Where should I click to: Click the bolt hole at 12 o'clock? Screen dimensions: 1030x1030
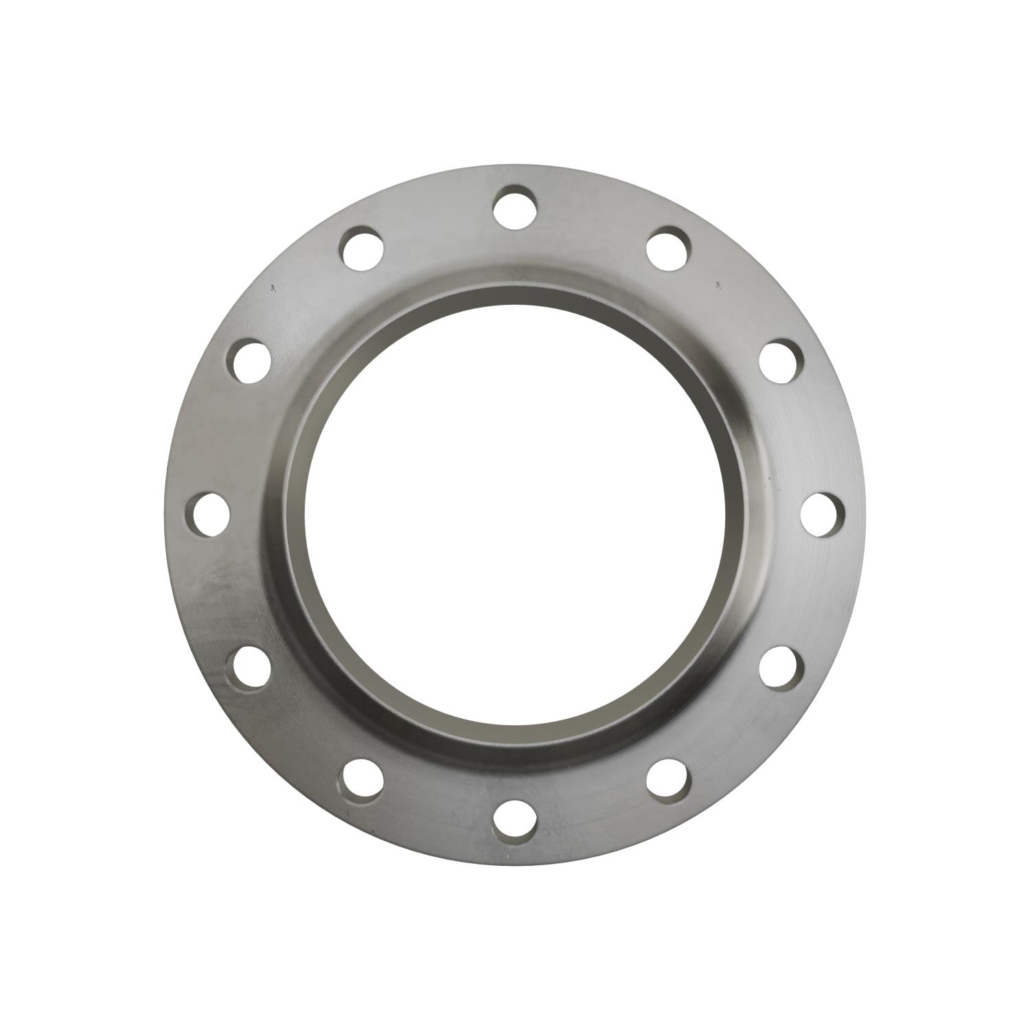pyautogui.click(x=514, y=205)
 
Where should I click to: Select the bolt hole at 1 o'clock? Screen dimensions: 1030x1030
pyautogui.click(x=668, y=247)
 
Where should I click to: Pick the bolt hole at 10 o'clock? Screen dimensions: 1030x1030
pyautogui.click(x=249, y=360)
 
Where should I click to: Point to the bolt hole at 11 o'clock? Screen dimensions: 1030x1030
pyautogui.click(x=362, y=247)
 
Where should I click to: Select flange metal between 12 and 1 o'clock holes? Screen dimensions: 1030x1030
pyautogui.click(x=594, y=220)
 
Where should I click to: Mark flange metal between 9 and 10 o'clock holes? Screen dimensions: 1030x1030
pyautogui.click(x=220, y=436)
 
